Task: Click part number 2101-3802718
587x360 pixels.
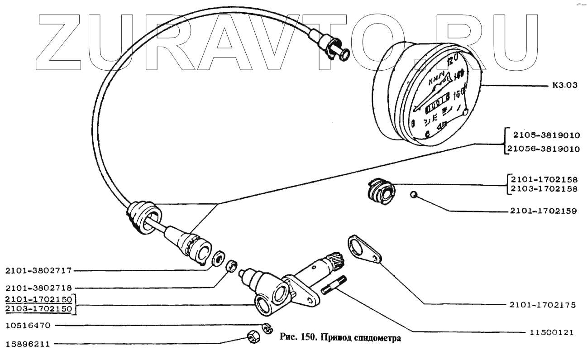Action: pyautogui.click(x=38, y=288)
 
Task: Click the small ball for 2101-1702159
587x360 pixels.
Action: pyautogui.click(x=413, y=195)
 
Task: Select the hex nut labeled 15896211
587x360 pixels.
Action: pyautogui.click(x=252, y=337)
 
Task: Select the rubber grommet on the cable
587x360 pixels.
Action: pyautogui.click(x=143, y=217)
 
